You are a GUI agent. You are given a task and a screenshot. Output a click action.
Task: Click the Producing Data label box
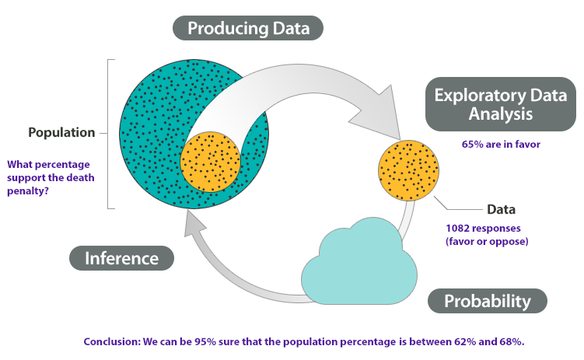point(248,28)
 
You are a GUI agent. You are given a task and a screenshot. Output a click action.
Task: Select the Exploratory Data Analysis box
point(501,104)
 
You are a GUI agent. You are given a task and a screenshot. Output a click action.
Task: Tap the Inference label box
point(121,258)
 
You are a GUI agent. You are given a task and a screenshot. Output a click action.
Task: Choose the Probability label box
point(487,301)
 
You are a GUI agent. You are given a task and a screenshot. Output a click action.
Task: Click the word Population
point(61,132)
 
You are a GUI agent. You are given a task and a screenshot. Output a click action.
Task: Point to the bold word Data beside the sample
point(501,209)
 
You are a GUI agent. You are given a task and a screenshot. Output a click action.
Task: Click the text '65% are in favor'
point(501,144)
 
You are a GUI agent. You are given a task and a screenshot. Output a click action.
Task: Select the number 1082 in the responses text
point(458,228)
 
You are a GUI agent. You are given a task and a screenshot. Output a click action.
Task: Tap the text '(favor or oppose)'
point(487,241)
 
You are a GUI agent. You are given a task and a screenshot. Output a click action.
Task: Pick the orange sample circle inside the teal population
point(211,162)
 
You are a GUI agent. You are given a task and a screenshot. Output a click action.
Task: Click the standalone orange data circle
point(408,170)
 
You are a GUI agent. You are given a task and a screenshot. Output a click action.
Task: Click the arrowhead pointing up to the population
point(194,222)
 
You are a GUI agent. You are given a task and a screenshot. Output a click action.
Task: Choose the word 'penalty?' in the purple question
point(28,191)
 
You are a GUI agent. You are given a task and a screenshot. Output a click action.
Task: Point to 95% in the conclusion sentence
point(205,341)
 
